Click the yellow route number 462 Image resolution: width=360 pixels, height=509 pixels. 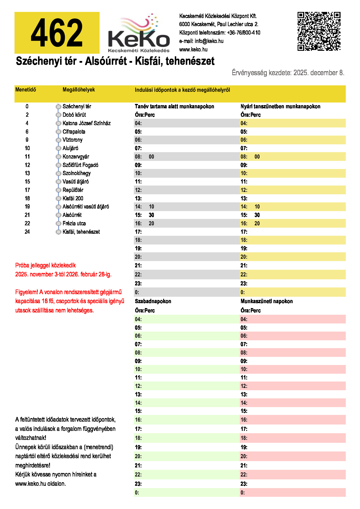57,33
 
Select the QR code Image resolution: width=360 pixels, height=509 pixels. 319,31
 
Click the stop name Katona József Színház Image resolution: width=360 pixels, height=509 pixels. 87,123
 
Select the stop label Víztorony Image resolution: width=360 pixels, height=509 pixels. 73,140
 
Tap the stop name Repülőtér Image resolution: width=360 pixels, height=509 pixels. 73,190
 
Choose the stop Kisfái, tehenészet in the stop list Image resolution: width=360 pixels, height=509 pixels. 81,232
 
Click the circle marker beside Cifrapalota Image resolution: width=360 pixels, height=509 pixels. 58,132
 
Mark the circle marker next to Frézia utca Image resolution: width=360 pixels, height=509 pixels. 58,224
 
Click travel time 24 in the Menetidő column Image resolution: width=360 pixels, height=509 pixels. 27,232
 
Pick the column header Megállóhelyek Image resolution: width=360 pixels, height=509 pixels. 79,90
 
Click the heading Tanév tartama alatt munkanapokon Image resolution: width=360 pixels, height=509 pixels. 174,107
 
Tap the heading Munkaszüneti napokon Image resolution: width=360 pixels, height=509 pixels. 267,301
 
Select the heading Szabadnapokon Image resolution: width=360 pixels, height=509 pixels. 153,301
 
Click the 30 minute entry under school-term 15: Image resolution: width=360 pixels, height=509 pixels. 151,215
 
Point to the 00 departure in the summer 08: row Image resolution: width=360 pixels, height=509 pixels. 257,157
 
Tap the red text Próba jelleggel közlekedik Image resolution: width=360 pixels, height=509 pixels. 46,265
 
